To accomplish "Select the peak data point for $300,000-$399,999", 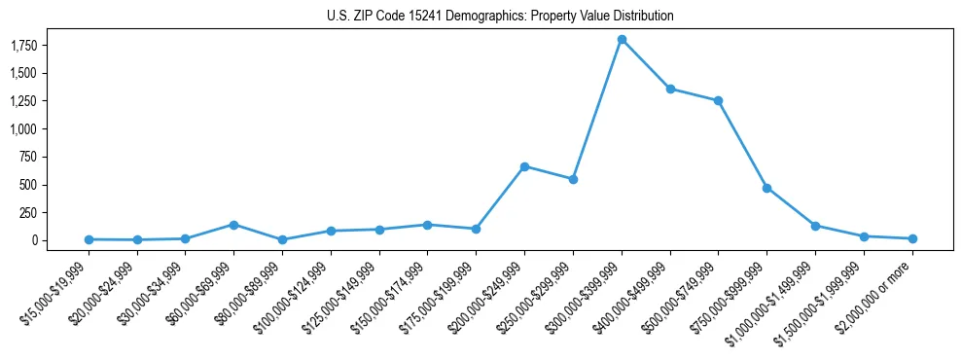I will [x=622, y=40].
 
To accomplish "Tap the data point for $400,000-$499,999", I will [x=670, y=89].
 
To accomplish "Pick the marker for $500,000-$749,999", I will [x=718, y=100].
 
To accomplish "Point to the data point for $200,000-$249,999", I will [x=524, y=166].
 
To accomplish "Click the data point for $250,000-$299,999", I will [x=573, y=179].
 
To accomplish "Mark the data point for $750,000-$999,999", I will [x=766, y=188].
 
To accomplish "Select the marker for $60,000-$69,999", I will [x=233, y=225].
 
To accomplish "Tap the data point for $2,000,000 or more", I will [x=912, y=238].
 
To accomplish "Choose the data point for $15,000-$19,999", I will [x=89, y=239].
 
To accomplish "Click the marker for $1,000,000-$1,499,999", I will [x=815, y=226].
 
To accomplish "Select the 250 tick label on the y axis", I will [x=26, y=212].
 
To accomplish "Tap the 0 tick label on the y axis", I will [x=32, y=240].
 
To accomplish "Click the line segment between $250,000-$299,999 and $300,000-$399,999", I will [x=597, y=110].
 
